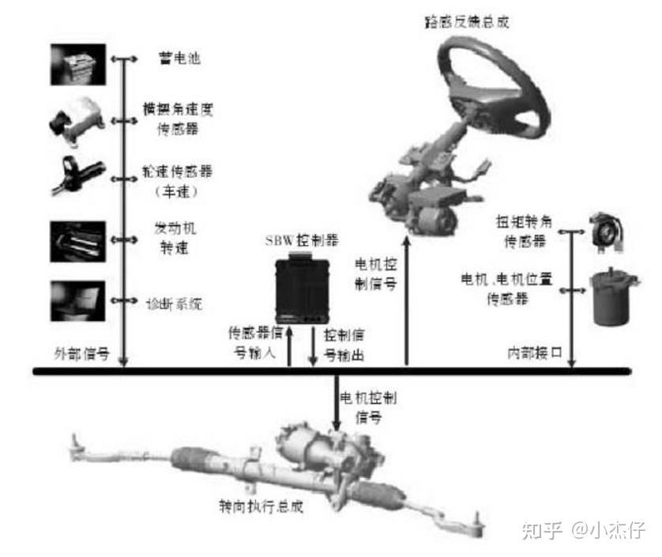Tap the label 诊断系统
175,302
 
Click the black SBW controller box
301,287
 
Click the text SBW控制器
302,239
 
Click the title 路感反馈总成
467,21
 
